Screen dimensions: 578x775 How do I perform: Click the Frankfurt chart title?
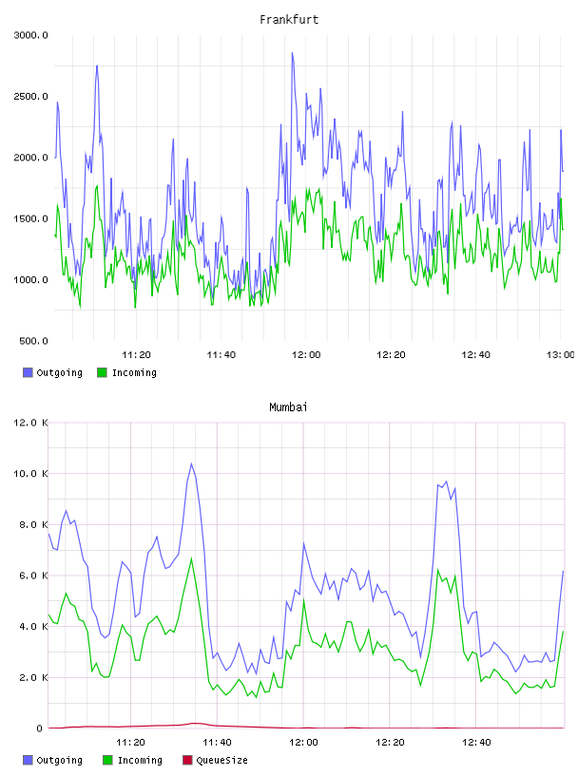point(289,20)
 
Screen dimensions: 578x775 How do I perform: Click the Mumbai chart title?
point(288,407)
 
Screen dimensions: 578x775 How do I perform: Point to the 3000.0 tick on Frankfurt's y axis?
point(30,35)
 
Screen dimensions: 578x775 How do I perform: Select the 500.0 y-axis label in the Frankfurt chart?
point(33,341)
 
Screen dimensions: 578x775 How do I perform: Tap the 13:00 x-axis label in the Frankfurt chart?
point(561,355)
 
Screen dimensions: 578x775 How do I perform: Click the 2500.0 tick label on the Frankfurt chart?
point(30,96)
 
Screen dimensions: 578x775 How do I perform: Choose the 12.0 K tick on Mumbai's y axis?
point(30,423)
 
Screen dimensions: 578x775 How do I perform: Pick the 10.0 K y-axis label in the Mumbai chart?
point(30,474)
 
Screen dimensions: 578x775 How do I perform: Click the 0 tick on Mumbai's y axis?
point(40,728)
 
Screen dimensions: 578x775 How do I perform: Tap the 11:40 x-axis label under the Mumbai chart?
point(218,743)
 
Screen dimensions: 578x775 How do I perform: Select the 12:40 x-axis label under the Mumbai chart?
point(476,743)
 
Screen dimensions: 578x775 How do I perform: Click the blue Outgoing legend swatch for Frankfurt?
point(28,372)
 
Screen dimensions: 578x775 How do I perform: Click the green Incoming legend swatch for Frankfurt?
point(102,372)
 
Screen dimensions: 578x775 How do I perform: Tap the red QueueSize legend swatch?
point(187,760)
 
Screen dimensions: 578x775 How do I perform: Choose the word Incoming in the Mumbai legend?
point(140,760)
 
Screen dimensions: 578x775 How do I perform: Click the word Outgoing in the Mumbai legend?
point(59,760)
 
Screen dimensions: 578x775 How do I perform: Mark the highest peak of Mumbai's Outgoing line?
point(191,463)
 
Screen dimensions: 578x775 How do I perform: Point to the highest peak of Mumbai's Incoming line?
point(191,558)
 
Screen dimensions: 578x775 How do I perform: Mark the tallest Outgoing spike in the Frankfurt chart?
point(293,53)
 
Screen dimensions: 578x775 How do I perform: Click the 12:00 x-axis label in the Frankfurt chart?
point(306,355)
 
